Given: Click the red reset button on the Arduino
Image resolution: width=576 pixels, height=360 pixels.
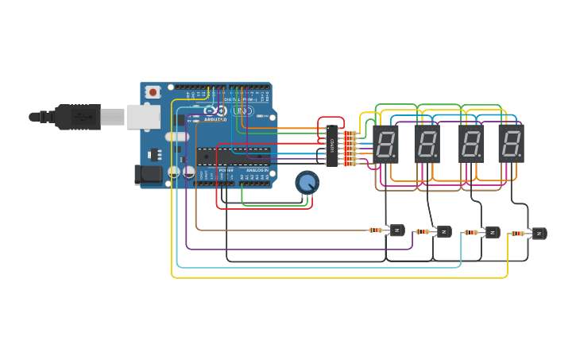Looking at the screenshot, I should (153, 92).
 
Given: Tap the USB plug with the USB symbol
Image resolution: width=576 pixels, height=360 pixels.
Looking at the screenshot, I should (79, 117).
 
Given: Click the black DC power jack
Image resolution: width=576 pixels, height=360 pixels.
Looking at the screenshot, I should (147, 174).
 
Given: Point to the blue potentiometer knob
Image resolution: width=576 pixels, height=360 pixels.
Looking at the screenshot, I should (307, 183).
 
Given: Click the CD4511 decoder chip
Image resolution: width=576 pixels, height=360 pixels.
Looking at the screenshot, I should (332, 146).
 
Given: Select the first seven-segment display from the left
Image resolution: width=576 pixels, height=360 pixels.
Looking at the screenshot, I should (386, 144).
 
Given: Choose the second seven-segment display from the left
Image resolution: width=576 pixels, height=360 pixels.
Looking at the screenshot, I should (427, 144).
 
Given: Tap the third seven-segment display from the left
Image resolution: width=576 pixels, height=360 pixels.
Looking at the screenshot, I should (471, 144).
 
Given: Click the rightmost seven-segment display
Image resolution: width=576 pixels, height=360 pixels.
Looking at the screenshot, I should (511, 144).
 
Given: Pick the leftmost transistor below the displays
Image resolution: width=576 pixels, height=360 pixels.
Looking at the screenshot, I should (396, 230).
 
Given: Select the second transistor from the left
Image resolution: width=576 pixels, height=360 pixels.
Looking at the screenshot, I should (443, 231).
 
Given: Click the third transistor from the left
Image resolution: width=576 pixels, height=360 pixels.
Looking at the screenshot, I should (493, 233).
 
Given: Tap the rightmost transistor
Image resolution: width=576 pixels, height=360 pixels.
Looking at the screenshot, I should (539, 233).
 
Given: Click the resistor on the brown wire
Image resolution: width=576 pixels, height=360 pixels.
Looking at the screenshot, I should (375, 230).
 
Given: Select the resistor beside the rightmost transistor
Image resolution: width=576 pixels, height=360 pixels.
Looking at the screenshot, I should (517, 234).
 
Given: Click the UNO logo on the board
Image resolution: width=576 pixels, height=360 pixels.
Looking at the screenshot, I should (243, 111).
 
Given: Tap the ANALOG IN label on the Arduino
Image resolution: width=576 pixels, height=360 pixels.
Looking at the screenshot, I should (257, 170).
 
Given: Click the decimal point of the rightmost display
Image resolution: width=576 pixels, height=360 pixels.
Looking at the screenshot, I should (521, 156).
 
